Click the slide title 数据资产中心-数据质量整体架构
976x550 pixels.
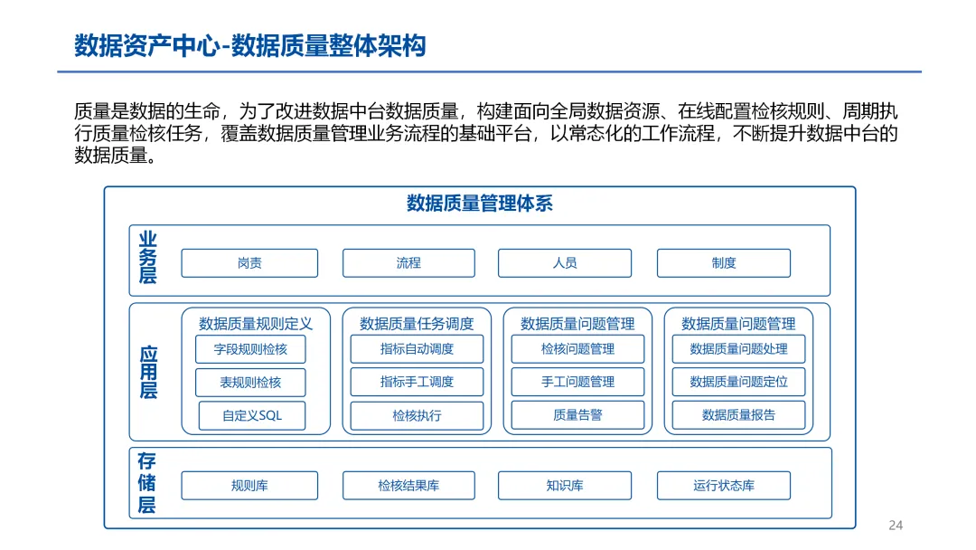click(x=249, y=45)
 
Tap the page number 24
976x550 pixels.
click(x=896, y=526)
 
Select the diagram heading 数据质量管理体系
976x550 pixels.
click(x=479, y=204)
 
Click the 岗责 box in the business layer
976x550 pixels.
click(x=249, y=263)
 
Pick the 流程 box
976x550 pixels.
click(x=408, y=263)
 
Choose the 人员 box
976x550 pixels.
click(x=565, y=263)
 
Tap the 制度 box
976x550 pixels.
click(x=723, y=263)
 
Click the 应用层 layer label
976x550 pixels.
click(x=147, y=372)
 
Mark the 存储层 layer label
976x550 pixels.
click(x=147, y=483)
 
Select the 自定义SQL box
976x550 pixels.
click(x=252, y=416)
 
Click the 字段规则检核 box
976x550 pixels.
click(x=250, y=349)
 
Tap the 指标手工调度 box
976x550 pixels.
click(x=417, y=382)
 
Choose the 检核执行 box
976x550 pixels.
click(x=417, y=416)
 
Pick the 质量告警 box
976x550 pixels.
click(x=577, y=415)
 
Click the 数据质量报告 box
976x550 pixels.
click(x=738, y=415)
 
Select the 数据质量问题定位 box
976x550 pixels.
click(x=738, y=382)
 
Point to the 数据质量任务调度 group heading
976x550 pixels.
click(x=417, y=323)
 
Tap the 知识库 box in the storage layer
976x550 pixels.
click(x=565, y=486)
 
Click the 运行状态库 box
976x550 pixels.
click(x=723, y=486)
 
